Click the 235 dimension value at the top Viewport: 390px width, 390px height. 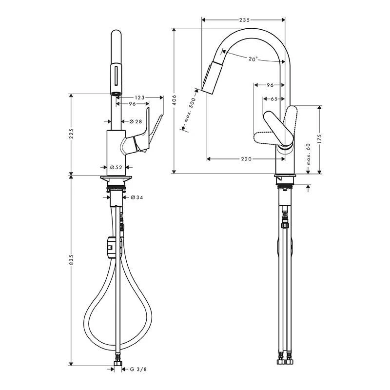coord(244,20)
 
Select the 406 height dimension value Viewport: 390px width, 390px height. coord(175,100)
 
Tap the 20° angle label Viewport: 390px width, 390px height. coord(253,59)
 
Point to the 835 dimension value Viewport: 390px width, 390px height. coord(71,259)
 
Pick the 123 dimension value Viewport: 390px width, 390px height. coord(139,97)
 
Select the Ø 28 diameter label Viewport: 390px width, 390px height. coord(136,121)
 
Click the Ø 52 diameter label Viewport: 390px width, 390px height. coord(116,167)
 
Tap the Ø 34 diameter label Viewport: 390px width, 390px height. coord(137,197)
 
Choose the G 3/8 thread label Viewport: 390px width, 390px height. coord(138,370)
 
